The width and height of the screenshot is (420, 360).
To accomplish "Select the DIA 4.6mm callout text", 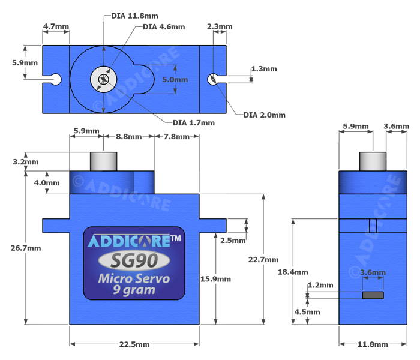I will (x=163, y=27).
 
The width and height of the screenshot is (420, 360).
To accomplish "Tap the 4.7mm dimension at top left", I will (x=56, y=27).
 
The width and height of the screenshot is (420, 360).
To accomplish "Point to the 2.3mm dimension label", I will (x=219, y=27).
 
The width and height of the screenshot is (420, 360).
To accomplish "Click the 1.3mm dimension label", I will (x=264, y=69).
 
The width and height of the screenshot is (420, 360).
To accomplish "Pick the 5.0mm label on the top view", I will (x=175, y=79).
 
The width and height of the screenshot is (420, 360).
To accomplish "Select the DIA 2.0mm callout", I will (x=265, y=115).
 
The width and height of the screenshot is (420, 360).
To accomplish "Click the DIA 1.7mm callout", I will (x=193, y=123).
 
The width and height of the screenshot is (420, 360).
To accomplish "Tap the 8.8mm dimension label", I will (x=128, y=137).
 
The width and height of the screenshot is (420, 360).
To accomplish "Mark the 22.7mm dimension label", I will (x=263, y=260).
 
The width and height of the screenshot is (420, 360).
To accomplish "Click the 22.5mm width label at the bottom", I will (x=134, y=344).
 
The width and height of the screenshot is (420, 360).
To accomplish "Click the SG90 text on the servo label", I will (x=134, y=260).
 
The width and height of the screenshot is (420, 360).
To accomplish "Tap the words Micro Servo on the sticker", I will (x=134, y=279).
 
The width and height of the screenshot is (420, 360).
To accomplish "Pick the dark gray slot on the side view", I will (x=373, y=295).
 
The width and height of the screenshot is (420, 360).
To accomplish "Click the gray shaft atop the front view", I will (x=103, y=162).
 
